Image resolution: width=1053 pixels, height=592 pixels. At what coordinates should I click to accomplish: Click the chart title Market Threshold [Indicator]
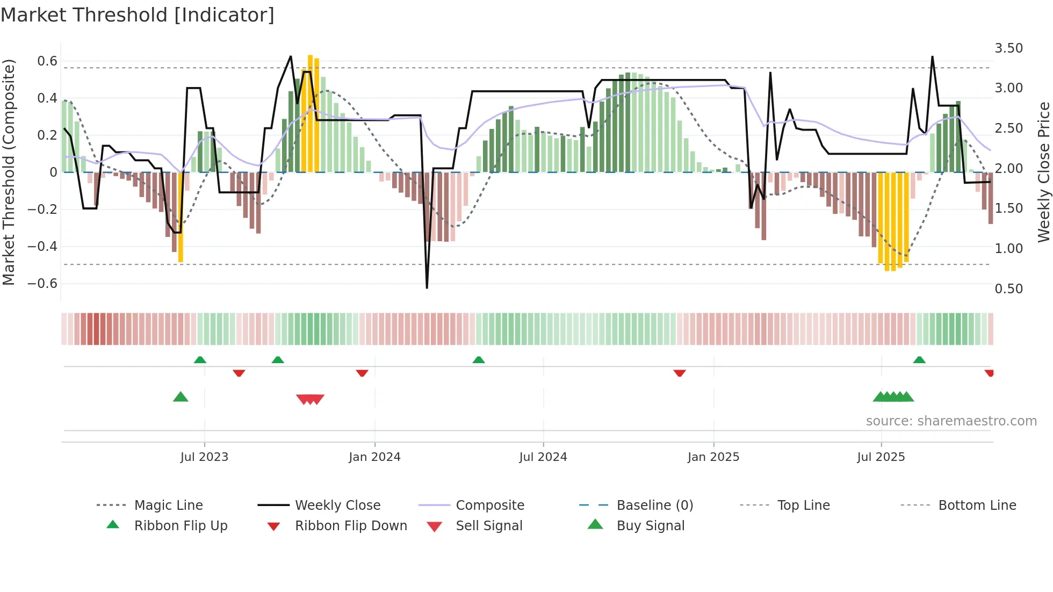(138, 15)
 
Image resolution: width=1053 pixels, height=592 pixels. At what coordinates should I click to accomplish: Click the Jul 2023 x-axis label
(204, 457)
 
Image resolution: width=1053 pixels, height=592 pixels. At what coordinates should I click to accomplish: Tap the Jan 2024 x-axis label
(374, 457)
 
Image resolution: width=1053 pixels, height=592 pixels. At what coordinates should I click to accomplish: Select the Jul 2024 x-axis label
(543, 457)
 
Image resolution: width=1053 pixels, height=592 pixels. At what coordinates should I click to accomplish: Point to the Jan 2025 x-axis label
(713, 457)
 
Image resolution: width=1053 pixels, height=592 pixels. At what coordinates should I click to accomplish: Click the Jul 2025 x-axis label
(881, 457)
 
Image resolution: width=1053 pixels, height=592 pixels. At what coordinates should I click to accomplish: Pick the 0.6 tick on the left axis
(47, 61)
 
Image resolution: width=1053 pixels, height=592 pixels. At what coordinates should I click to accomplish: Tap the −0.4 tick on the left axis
(42, 247)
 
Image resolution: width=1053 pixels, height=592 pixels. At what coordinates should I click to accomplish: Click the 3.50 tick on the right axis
(1008, 48)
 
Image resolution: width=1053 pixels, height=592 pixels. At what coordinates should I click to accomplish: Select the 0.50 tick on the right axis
(1008, 289)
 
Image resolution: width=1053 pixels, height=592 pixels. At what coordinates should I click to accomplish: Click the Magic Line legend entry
(168, 506)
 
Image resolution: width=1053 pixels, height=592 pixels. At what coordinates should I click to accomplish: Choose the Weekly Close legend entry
(337, 506)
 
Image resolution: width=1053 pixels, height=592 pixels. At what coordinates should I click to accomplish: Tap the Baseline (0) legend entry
(654, 506)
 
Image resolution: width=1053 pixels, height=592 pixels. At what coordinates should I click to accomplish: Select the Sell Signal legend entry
(489, 526)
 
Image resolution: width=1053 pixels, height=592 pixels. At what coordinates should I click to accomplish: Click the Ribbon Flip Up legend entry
(181, 526)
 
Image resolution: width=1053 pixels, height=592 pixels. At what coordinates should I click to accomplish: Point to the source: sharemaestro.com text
(951, 421)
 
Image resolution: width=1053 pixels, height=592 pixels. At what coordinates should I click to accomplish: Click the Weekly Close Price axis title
(1043, 172)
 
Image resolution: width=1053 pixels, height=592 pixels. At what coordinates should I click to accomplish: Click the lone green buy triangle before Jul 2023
(181, 397)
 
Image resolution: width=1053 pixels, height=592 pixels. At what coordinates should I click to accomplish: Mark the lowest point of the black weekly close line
(427, 288)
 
